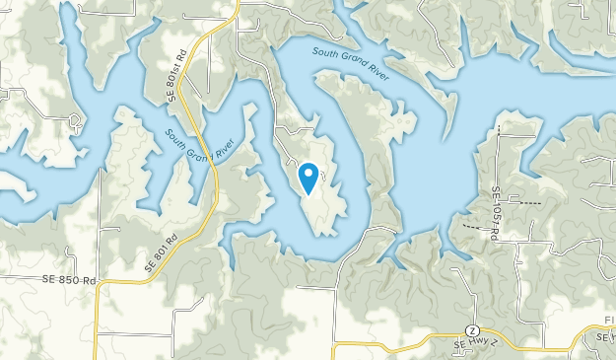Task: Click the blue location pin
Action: pyautogui.click(x=308, y=179)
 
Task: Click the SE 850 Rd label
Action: pyautogui.click(x=69, y=280)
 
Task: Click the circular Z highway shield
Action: pyautogui.click(x=473, y=328)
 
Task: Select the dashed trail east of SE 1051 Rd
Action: pyautogui.click(x=530, y=201)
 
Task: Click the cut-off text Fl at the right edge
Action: pyautogui.click(x=608, y=323)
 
